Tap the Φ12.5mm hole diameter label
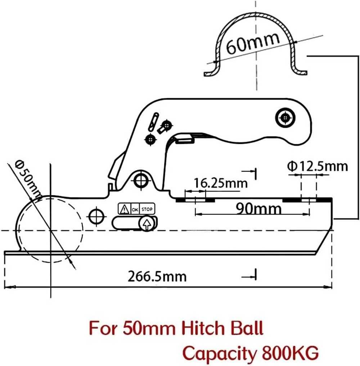(x=318, y=166)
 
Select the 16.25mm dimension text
(x=221, y=183)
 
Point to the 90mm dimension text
(x=258, y=208)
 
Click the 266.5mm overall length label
(x=157, y=277)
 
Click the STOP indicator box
(x=147, y=209)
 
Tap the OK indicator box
(x=135, y=209)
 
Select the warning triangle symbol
(x=124, y=209)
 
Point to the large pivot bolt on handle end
(x=285, y=118)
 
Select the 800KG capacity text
(x=290, y=353)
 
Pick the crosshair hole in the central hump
(x=141, y=180)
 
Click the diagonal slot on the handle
(x=153, y=122)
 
